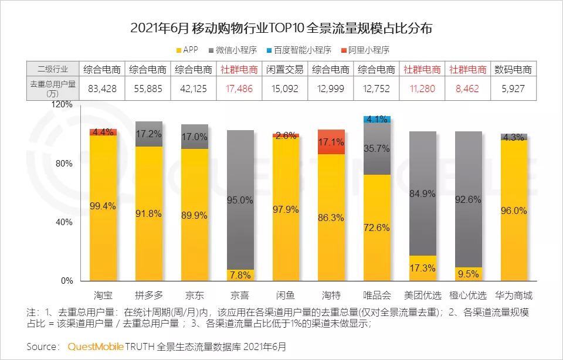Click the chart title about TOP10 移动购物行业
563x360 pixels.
click(x=281, y=28)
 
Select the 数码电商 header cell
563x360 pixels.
click(x=514, y=69)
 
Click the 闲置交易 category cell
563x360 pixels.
click(x=285, y=69)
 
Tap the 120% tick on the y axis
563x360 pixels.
click(x=62, y=104)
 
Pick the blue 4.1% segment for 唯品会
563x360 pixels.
click(x=377, y=119)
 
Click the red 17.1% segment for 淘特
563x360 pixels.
click(x=331, y=141)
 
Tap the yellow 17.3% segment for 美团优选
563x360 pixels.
click(x=422, y=268)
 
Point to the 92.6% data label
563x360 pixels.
click(x=468, y=199)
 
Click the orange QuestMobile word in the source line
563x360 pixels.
click(x=96, y=347)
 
